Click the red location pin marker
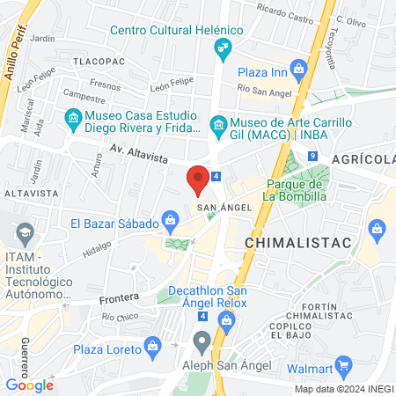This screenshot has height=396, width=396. click(199, 180)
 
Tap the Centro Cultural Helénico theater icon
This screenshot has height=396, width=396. click(224, 47)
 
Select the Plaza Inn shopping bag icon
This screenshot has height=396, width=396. click(299, 68)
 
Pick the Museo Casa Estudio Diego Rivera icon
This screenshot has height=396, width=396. click(73, 116)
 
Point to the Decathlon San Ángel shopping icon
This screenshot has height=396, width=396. click(227, 319)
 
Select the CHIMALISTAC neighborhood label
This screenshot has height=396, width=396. click(297, 241)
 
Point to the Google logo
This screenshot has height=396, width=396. click(29, 385)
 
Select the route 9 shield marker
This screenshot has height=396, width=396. click(312, 156)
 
